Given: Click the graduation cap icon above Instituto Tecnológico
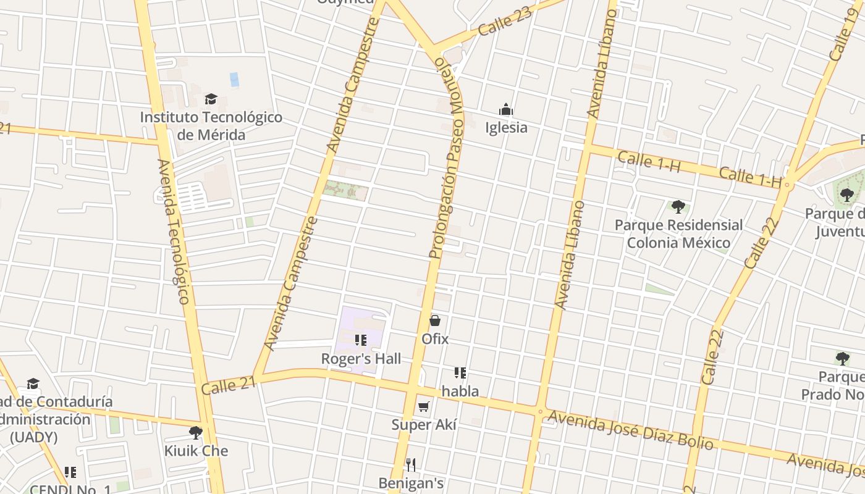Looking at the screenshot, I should (x=211, y=99).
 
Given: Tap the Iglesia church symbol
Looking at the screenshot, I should (x=506, y=111).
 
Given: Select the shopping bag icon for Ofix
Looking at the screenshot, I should (x=435, y=320).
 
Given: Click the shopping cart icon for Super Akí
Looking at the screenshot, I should (x=423, y=406).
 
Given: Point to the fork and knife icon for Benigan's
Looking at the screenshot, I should (x=411, y=464).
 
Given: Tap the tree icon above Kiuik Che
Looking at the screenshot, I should (x=196, y=432).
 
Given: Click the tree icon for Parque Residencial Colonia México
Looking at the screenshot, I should (x=678, y=206).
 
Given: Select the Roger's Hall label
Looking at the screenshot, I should (x=361, y=359).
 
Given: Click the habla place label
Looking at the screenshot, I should (x=460, y=391).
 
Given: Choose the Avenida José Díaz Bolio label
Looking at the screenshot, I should (x=630, y=430).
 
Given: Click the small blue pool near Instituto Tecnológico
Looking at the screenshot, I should (x=234, y=80).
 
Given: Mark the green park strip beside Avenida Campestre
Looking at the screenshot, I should (x=345, y=190).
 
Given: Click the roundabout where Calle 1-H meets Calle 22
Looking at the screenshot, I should (x=788, y=184).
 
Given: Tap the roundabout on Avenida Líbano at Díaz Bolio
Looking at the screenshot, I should (x=540, y=411).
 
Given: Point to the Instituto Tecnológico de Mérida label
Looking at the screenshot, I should (x=211, y=126).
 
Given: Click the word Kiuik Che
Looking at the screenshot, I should (x=196, y=451).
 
